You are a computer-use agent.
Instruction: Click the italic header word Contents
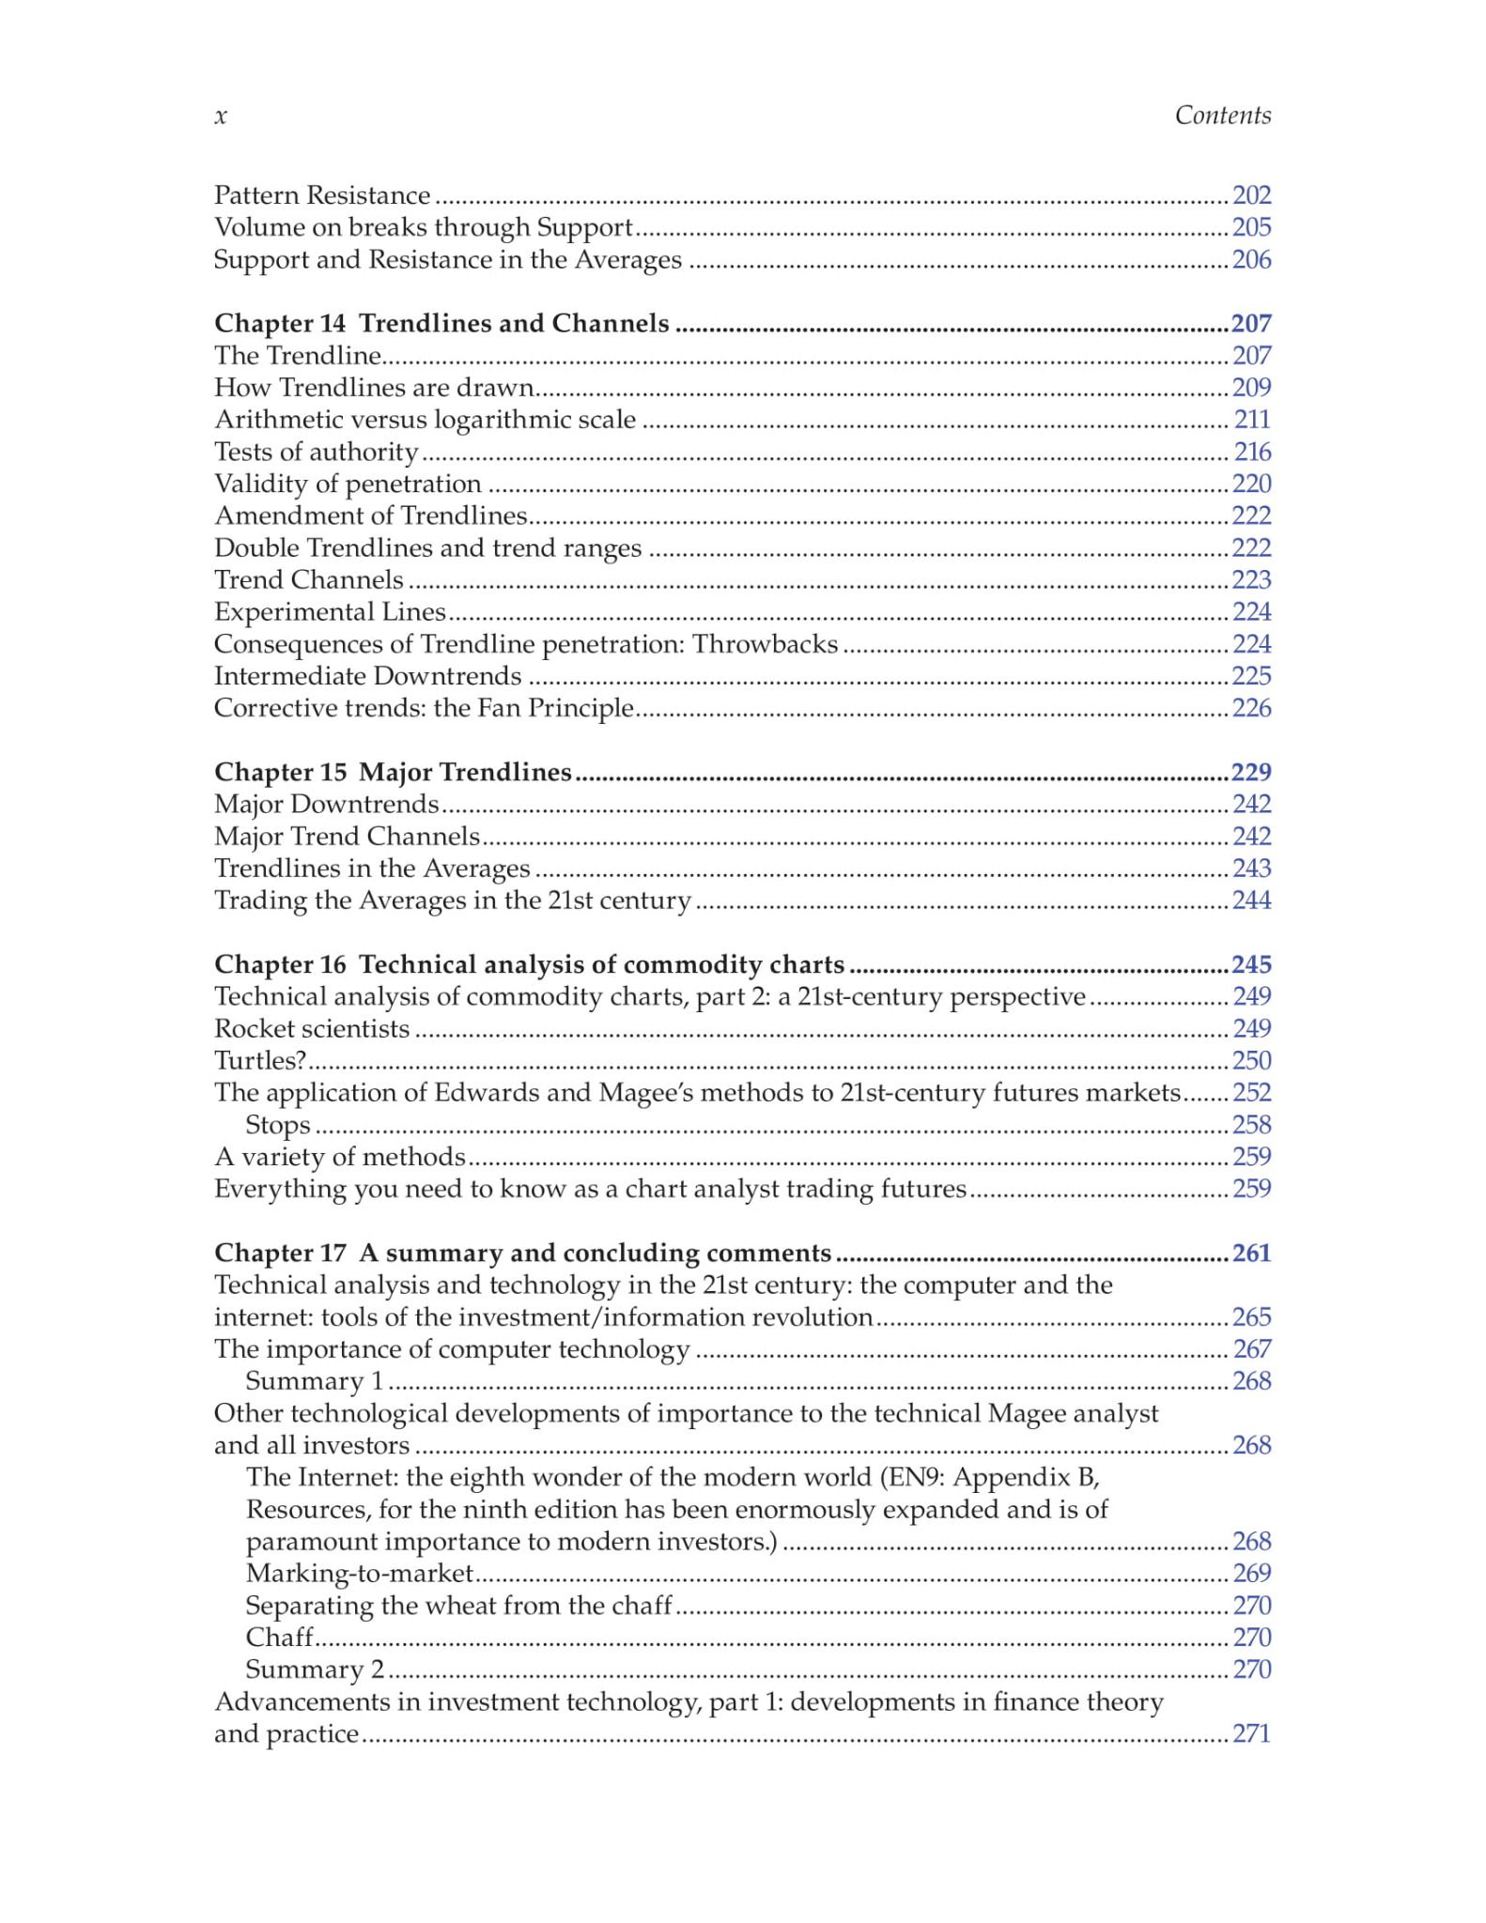(1222, 115)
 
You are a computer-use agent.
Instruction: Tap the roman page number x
(221, 116)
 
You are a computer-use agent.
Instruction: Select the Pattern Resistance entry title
(322, 195)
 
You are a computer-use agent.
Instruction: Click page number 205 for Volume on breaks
(1251, 227)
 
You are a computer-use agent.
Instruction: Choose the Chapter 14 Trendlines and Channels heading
(441, 323)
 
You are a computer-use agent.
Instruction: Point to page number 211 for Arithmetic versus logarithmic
(1252, 420)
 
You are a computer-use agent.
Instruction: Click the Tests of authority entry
(316, 452)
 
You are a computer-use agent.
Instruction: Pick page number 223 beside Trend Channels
(1251, 580)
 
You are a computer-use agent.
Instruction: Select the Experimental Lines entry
(330, 612)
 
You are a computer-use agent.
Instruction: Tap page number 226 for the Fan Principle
(1251, 708)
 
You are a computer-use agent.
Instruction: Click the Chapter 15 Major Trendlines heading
(393, 772)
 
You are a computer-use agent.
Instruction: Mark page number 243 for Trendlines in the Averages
(1251, 869)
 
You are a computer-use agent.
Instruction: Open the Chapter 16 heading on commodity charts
(530, 964)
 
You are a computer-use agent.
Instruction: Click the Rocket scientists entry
(312, 1028)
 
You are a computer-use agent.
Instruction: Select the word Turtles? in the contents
(260, 1061)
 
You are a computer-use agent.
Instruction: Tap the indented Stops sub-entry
(278, 1125)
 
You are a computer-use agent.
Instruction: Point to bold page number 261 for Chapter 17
(1251, 1253)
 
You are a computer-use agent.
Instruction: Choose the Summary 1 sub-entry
(315, 1381)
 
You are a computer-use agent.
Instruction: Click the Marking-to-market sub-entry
(360, 1573)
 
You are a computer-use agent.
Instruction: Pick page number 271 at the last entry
(1251, 1733)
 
